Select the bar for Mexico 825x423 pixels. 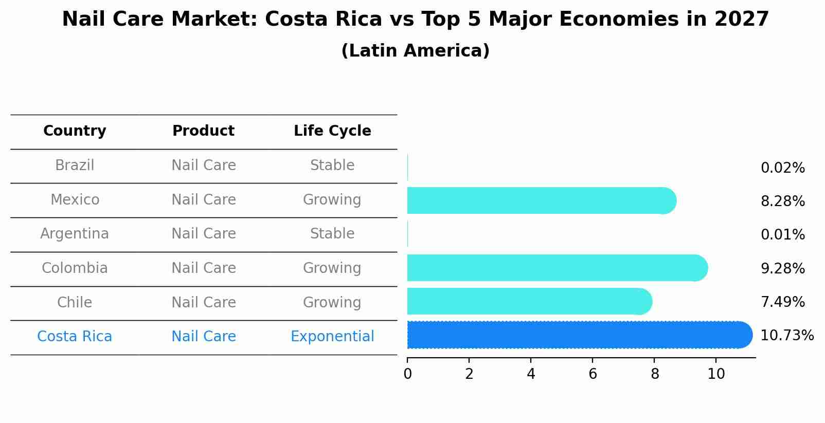[540, 200]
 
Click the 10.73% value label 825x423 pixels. [786, 336]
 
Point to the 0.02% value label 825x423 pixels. [782, 168]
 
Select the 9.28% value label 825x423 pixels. [782, 268]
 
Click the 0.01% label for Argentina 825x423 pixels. [782, 235]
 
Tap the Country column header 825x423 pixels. [75, 131]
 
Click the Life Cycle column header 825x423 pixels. [332, 131]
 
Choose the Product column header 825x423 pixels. [203, 131]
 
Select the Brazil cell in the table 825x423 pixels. [75, 165]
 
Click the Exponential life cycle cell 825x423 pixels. [332, 337]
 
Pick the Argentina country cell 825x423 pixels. [75, 234]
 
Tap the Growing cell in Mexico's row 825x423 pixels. [332, 200]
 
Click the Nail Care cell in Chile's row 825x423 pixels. [203, 302]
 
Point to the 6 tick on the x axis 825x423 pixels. [593, 374]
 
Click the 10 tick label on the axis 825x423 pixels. [716, 374]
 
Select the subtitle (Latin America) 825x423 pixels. [415, 51]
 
